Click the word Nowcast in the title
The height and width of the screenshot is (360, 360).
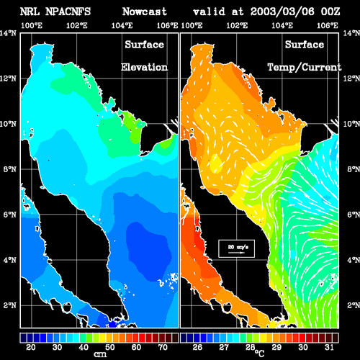(x=145, y=12)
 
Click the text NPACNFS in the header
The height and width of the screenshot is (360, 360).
(x=68, y=12)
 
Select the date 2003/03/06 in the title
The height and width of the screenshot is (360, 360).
(x=282, y=12)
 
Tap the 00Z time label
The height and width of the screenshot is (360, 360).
(x=330, y=12)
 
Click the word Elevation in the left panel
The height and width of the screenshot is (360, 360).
(x=144, y=67)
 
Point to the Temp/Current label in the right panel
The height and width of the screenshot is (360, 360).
(x=305, y=68)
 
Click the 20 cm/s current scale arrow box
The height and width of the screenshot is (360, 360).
(x=236, y=248)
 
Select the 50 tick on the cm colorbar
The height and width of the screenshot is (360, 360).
(x=109, y=347)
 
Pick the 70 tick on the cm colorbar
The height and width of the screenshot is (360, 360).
(x=163, y=347)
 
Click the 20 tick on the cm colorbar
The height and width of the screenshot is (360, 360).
(x=30, y=347)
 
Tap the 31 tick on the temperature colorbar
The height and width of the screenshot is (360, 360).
(x=329, y=347)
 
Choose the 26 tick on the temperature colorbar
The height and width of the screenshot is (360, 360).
(x=197, y=347)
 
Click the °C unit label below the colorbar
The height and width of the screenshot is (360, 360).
(x=259, y=353)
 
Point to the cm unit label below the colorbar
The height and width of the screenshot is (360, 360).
(x=100, y=354)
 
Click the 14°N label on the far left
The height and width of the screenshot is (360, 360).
(x=8, y=33)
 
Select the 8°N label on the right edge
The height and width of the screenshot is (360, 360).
(x=354, y=169)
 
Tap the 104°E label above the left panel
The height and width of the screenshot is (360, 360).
(x=122, y=25)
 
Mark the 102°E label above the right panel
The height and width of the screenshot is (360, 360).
(x=237, y=25)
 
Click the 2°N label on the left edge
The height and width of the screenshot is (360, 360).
(x=10, y=305)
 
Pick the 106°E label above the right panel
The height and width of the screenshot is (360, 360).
(x=328, y=25)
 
